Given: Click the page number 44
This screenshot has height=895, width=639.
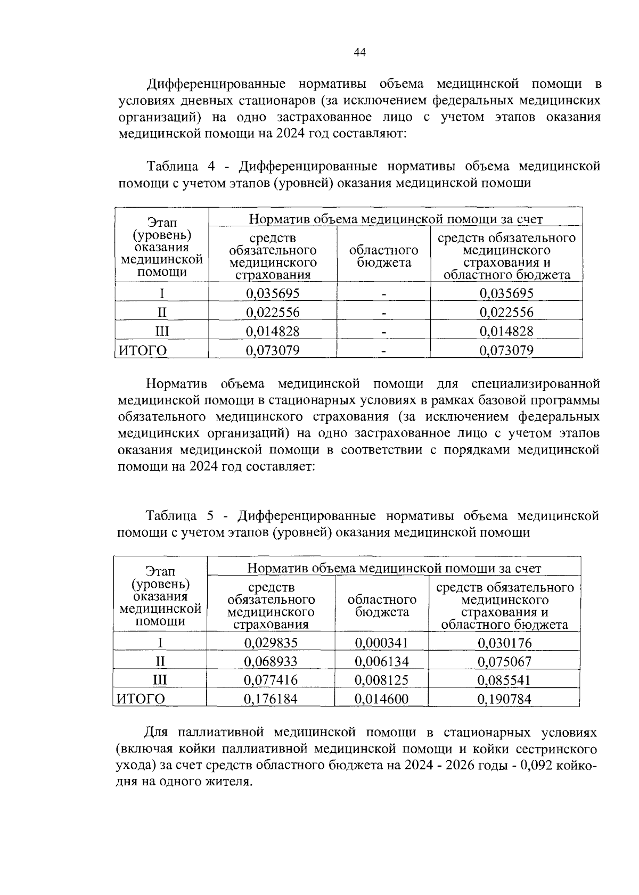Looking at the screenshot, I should pyautogui.click(x=359, y=52).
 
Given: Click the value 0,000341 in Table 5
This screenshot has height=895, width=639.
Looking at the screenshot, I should pyautogui.click(x=381, y=643).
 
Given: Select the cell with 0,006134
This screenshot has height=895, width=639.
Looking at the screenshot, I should pyautogui.click(x=381, y=661).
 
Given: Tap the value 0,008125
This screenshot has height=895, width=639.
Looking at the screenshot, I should pyautogui.click(x=381, y=680).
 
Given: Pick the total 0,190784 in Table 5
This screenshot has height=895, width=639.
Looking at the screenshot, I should pyautogui.click(x=504, y=699).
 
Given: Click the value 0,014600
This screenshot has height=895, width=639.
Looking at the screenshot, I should pyautogui.click(x=381, y=699).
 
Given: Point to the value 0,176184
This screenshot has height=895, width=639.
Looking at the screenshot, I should pyautogui.click(x=271, y=699).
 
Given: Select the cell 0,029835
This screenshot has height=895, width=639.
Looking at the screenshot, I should pyautogui.click(x=271, y=643).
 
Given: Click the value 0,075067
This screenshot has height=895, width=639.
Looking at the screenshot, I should pyautogui.click(x=504, y=661).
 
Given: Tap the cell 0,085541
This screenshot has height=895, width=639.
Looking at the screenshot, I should pyautogui.click(x=504, y=680).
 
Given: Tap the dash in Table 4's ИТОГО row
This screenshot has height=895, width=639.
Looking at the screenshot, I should pyautogui.click(x=383, y=351).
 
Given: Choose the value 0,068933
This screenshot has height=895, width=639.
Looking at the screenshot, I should pyautogui.click(x=271, y=661).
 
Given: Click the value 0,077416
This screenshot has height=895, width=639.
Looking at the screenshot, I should pyautogui.click(x=271, y=680).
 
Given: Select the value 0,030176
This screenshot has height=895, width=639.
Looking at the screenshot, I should pyautogui.click(x=504, y=643).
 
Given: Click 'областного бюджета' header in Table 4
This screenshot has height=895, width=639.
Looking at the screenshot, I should pyautogui.click(x=383, y=256).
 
